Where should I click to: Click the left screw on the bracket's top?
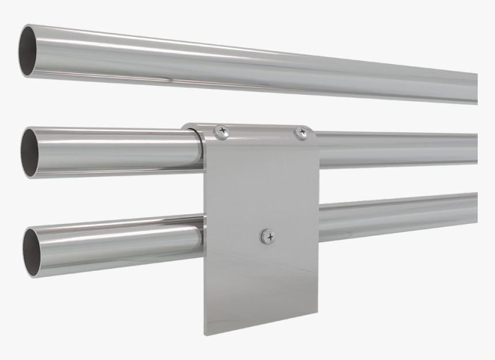[x=220, y=132]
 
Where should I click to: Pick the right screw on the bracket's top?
[x=301, y=133]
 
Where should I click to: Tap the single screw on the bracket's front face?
[x=267, y=235]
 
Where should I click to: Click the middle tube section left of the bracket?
[x=115, y=151]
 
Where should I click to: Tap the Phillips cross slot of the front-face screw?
[x=268, y=235]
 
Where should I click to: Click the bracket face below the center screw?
[x=262, y=282]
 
